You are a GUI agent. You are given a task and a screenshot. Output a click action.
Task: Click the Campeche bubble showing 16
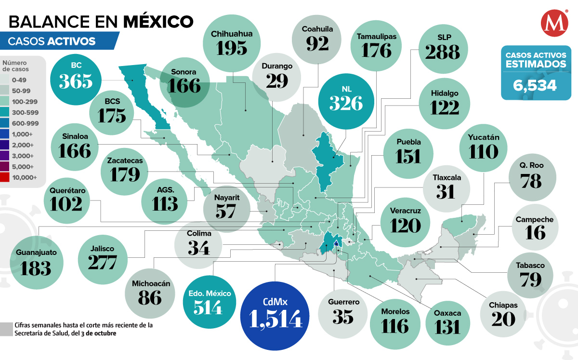534,227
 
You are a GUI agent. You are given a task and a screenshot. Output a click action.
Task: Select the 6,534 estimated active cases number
535,85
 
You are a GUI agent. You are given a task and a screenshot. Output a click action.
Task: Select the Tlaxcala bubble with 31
447,186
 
